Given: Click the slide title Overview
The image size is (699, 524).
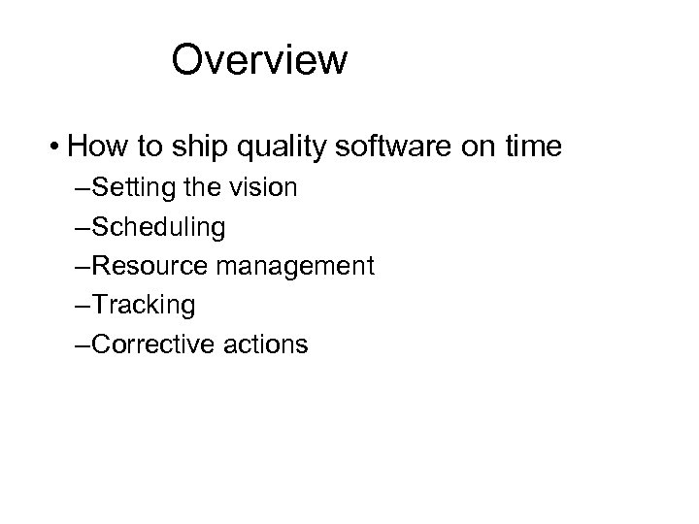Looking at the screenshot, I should click(x=258, y=60).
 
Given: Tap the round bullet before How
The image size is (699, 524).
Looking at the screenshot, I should click(x=57, y=148).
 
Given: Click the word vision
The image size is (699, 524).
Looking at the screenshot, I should click(x=265, y=188).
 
